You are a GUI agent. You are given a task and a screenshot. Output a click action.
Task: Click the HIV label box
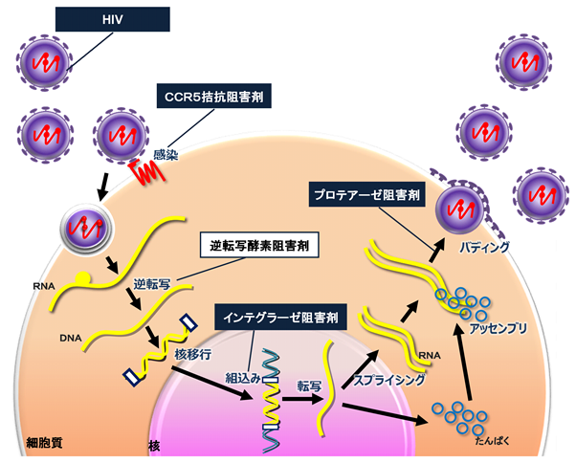[x=112, y=17]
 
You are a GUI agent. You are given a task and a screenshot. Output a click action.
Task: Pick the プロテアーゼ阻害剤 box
[x=366, y=195]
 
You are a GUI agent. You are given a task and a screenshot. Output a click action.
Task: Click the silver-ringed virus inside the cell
[x=83, y=230]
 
